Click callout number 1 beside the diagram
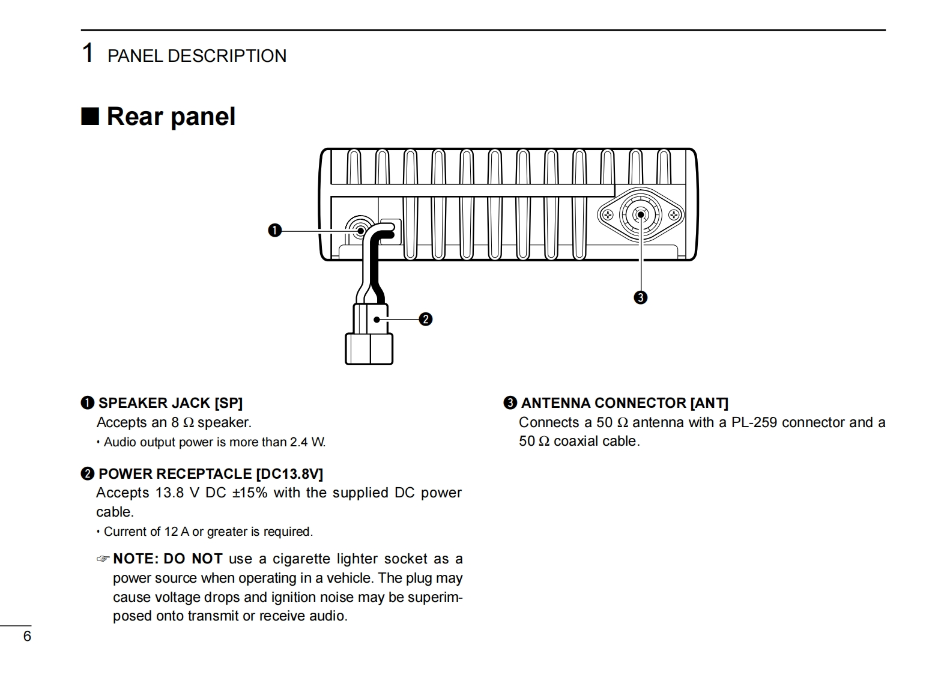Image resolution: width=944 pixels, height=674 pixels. point(274,230)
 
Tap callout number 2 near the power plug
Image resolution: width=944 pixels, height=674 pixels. point(425,319)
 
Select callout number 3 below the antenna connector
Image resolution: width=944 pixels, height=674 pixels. point(641,297)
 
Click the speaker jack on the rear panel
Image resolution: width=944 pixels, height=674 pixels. point(360,229)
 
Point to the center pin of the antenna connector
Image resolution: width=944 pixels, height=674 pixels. point(641,214)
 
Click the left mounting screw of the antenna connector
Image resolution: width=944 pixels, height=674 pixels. point(607,214)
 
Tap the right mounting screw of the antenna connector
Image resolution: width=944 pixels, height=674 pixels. point(674,214)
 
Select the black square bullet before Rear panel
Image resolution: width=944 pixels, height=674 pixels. point(90,116)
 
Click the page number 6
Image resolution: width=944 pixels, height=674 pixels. point(27,637)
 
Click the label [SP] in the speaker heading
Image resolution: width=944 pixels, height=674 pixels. point(229,403)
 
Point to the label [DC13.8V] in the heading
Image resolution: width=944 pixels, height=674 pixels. point(289,474)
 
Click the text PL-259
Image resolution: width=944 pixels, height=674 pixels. point(754,422)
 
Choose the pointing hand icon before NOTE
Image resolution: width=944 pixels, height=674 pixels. point(103,559)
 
